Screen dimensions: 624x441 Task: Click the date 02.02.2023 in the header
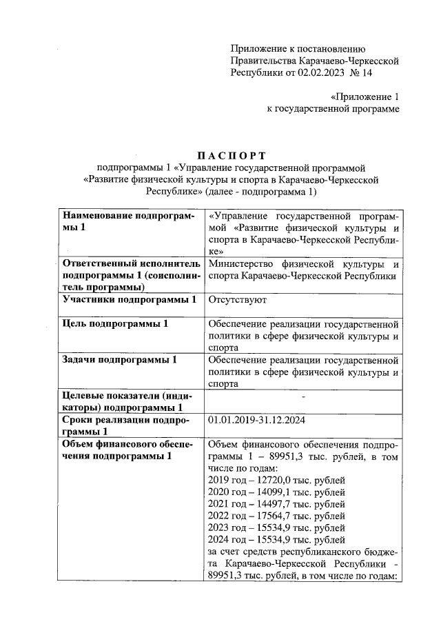(x=326, y=71)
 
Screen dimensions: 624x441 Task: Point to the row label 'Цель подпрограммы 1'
(x=114, y=323)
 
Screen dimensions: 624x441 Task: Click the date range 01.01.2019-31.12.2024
(x=257, y=419)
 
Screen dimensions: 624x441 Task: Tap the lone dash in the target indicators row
(x=303, y=395)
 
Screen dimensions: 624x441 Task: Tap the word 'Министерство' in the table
(x=240, y=265)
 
